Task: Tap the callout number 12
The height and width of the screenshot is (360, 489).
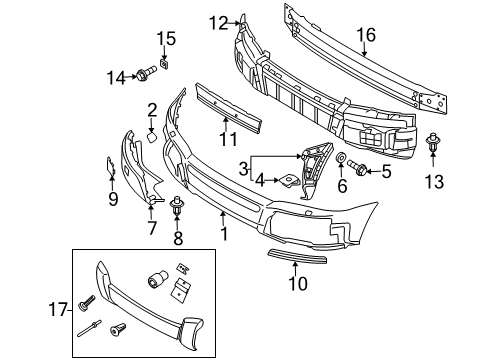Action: (218, 20)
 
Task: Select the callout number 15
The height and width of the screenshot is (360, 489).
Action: (165, 39)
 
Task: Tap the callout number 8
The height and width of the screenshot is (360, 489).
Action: (179, 240)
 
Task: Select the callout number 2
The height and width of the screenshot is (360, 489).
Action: (153, 109)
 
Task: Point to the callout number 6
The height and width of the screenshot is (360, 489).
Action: (343, 187)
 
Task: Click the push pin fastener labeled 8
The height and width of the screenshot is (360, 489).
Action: (179, 210)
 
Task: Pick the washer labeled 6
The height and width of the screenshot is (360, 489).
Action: (343, 159)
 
